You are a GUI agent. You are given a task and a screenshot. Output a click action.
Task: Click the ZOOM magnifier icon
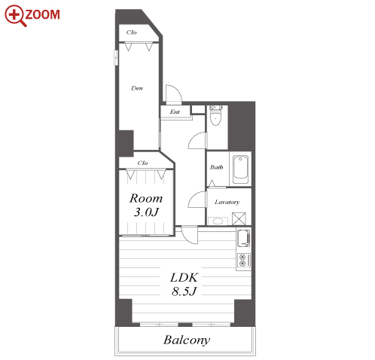coord(15,15)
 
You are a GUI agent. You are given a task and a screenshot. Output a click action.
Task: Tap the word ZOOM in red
coord(43,14)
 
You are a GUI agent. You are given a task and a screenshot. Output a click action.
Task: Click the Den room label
coord(137,88)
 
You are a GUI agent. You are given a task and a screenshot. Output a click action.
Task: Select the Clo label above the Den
coord(132,32)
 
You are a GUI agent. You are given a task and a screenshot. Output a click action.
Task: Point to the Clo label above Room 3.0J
coord(142,163)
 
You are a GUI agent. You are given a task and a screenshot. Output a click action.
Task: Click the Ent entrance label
coord(175,111)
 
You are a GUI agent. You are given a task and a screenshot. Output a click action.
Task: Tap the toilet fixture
coord(215,115)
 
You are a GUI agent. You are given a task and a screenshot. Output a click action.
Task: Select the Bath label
coord(217,167)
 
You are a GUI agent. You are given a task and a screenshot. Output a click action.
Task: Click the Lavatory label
coord(227,202)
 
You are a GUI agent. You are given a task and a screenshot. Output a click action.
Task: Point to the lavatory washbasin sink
coord(218,221)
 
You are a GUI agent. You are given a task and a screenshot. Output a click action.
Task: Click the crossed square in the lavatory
coord(239,218)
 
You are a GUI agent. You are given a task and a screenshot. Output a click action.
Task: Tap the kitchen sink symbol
coord(244,238)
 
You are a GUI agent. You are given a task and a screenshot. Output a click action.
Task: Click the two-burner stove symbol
coord(244,260)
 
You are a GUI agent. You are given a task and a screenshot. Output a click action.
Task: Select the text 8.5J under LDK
coord(184,291)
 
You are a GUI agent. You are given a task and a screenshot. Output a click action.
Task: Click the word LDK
coord(184,277)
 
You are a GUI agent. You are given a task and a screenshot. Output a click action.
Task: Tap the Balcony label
coord(187,340)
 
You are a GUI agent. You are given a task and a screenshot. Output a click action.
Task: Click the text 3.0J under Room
coord(146,212)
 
